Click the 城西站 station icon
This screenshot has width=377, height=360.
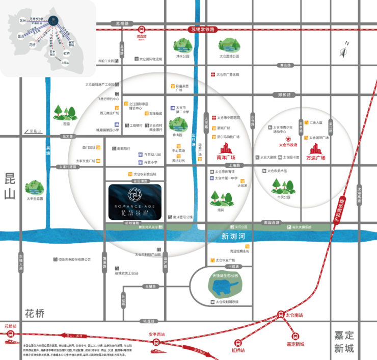pos(141,30)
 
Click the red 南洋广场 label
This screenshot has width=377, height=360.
pos(225,151)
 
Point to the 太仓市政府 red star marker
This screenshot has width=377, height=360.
pos(288,139)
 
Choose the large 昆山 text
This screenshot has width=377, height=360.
pos(10,186)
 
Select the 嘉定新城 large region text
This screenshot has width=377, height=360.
pos(344,342)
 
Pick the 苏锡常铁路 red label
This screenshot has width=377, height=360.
pos(202,30)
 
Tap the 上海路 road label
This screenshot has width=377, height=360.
pos(234,165)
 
